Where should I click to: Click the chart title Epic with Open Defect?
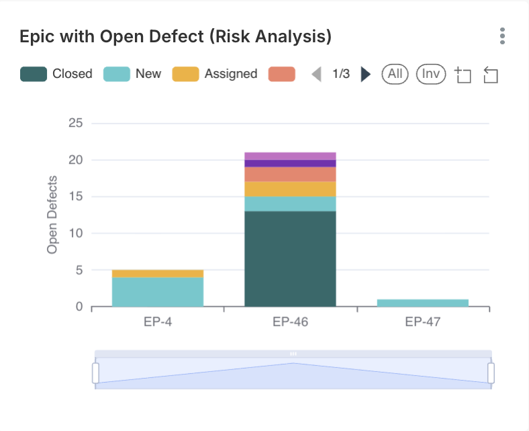click(x=176, y=36)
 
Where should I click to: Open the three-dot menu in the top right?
click(x=502, y=36)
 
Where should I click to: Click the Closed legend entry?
click(x=56, y=74)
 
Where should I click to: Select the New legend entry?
click(x=132, y=74)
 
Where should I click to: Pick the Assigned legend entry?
click(x=215, y=74)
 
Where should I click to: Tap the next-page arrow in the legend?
click(x=366, y=74)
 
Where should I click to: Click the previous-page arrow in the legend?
click(x=317, y=74)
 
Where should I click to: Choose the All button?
click(x=395, y=74)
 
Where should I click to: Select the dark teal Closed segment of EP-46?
click(x=290, y=258)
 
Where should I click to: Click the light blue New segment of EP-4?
click(x=158, y=292)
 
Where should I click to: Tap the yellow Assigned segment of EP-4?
click(x=158, y=273)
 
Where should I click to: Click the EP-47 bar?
click(x=422, y=303)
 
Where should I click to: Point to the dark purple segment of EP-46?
click(x=290, y=163)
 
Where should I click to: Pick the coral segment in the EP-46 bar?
click(x=290, y=174)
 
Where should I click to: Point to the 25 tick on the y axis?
click(x=75, y=124)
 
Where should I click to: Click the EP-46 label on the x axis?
click(x=290, y=322)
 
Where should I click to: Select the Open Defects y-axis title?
click(x=52, y=215)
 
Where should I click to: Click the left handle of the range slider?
click(x=95, y=373)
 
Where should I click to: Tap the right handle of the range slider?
click(x=491, y=373)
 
